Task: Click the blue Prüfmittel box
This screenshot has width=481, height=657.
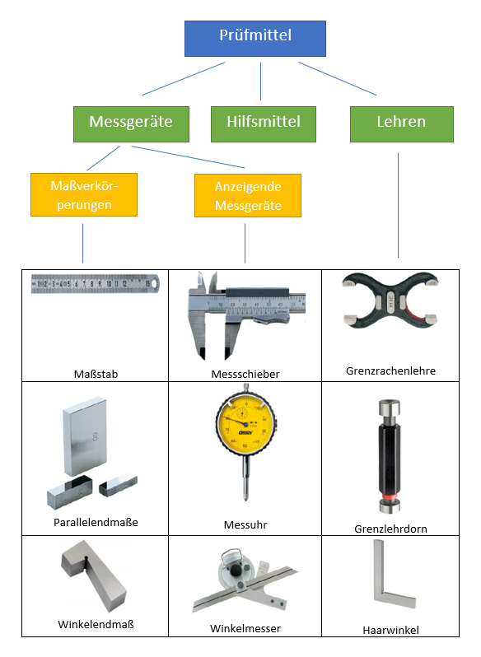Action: pos(255,39)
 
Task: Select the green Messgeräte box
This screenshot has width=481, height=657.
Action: pos(131,124)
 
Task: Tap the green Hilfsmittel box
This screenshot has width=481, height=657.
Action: pos(264,124)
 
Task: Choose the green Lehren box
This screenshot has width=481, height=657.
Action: pos(402,124)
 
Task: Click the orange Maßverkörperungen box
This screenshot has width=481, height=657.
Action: pos(84,195)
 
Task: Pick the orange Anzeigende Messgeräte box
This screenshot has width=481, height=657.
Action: pos(248,196)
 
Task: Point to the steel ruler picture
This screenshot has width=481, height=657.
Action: pos(95,284)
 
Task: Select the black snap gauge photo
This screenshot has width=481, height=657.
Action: pos(390,301)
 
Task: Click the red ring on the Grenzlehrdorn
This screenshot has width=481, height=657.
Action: pos(390,497)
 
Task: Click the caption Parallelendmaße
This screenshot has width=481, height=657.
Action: pos(96,523)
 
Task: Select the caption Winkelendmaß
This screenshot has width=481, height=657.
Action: pos(96,625)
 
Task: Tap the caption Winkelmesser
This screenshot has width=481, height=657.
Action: pos(245,628)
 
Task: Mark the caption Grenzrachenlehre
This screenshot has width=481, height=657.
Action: pos(391,370)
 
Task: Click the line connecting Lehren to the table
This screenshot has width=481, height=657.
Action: pos(398,205)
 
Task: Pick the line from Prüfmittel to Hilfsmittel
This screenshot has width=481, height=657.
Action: pos(260,82)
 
